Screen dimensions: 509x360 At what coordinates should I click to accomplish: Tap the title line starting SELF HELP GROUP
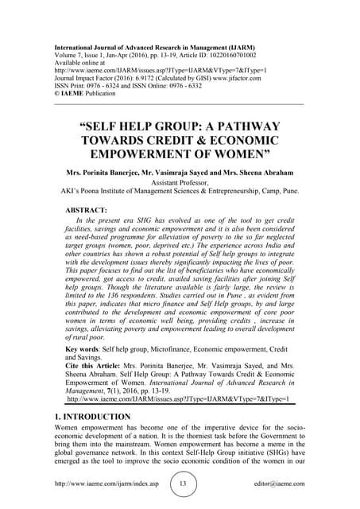179,126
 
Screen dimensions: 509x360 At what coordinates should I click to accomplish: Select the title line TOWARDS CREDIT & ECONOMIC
179,140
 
